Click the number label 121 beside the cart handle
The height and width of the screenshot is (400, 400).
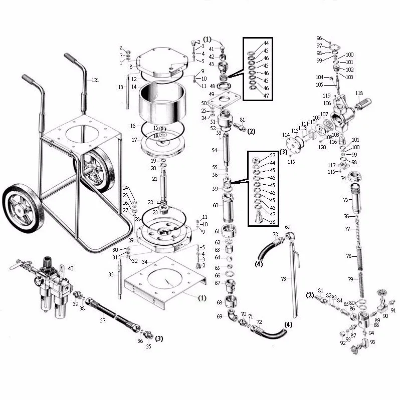click(x=95, y=80)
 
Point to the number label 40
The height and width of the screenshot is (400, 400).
click(x=70, y=269)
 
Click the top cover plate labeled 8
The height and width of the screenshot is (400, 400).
click(x=159, y=63)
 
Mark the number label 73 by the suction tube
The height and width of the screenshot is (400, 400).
click(x=283, y=279)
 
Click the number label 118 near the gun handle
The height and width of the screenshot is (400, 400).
click(x=358, y=94)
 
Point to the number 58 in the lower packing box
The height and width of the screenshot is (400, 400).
click(x=273, y=222)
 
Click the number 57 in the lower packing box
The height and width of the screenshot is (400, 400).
click(x=273, y=155)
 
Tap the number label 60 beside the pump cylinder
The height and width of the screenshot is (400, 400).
click(x=215, y=205)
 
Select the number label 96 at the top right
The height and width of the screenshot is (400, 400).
click(x=319, y=38)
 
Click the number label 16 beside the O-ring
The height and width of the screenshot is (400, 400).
click(x=132, y=126)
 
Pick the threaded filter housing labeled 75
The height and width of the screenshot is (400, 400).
click(x=357, y=200)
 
